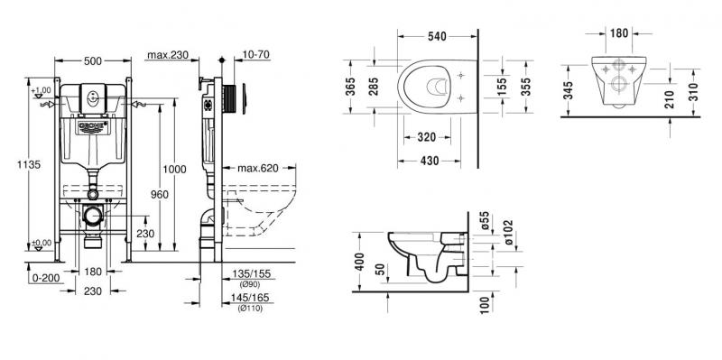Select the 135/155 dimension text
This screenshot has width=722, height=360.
coord(250,274)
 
